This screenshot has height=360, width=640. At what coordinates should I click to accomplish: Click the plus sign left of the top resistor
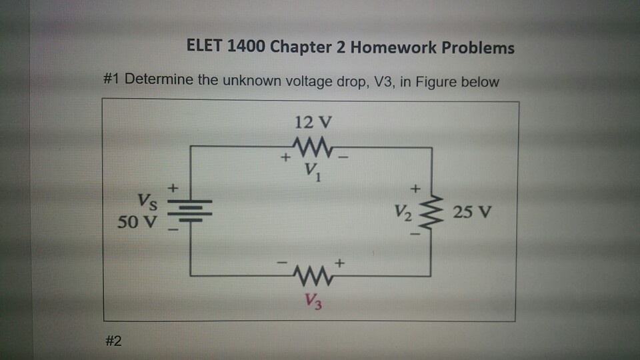(x=285, y=159)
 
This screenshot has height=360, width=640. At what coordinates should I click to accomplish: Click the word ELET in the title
(x=205, y=47)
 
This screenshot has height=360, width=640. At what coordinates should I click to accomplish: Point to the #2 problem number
(x=113, y=341)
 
